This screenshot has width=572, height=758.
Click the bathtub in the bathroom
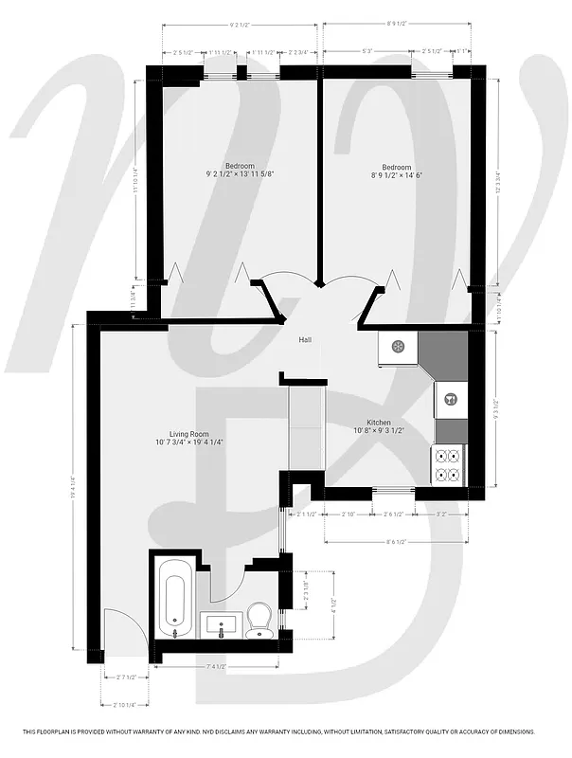click(x=174, y=597)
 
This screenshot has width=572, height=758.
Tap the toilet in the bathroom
click(x=259, y=621)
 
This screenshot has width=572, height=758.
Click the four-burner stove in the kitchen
click(x=448, y=465)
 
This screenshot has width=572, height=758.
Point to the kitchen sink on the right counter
click(x=450, y=399)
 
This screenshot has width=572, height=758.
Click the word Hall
click(x=305, y=340)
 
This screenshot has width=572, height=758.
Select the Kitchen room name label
click(x=379, y=424)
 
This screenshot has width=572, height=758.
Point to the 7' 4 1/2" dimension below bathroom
click(x=216, y=668)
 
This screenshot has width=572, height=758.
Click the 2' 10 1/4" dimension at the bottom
click(x=124, y=705)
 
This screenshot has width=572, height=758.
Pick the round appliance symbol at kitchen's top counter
click(x=398, y=347)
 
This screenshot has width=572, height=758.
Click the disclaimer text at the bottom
click(x=285, y=731)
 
